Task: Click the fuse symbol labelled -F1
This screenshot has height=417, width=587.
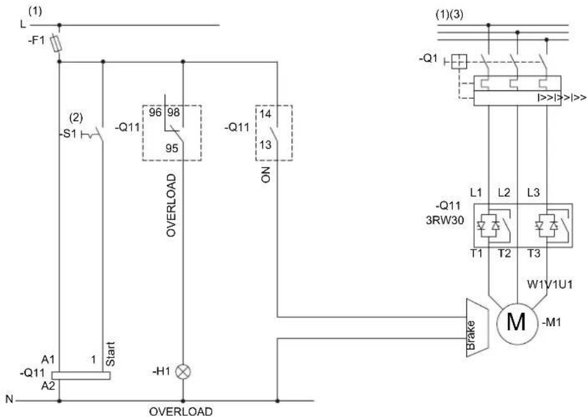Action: [56, 43]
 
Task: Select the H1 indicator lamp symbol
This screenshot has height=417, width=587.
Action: [183, 372]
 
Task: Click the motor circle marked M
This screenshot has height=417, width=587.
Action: [517, 324]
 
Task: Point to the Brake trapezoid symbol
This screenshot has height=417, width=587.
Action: [477, 327]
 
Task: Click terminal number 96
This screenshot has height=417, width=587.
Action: [155, 112]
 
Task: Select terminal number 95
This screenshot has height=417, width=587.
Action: [172, 149]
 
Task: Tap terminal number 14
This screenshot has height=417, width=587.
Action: [265, 114]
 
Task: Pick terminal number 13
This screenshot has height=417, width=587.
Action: [265, 144]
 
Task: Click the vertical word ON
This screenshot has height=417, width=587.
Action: [266, 175]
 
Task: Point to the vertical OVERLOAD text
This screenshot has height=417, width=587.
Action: [171, 205]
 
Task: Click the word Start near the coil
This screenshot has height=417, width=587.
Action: [110, 354]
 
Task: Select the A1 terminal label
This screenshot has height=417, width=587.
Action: [48, 360]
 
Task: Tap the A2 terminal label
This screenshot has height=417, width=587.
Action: [48, 386]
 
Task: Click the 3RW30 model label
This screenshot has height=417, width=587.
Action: [445, 220]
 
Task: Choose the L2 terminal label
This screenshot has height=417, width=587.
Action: [504, 193]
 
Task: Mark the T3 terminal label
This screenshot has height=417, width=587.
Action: [534, 253]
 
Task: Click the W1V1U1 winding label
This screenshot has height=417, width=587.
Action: [550, 284]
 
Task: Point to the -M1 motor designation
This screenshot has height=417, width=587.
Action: [551, 322]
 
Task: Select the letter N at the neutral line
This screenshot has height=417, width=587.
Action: [9, 399]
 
